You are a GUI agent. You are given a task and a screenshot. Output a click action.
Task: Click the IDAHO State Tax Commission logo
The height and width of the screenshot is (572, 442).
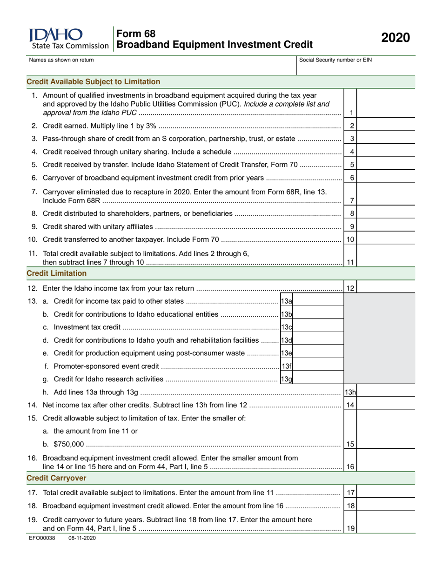click(68, 39)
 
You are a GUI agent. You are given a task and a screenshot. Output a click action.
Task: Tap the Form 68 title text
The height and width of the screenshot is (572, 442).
click(136, 33)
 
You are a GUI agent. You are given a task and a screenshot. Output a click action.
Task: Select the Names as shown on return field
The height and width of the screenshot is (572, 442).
click(161, 67)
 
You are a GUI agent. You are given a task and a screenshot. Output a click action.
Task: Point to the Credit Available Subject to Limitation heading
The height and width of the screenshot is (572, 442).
click(94, 82)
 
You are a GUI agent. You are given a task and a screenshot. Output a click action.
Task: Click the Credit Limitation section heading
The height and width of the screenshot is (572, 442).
click(57, 273)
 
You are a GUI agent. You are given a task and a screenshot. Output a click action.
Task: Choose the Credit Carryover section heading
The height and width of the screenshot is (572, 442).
click(56, 478)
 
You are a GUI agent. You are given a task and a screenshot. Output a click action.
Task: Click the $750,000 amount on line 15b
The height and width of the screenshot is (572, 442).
click(69, 444)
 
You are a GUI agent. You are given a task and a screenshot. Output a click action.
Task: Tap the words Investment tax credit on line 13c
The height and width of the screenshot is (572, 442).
click(87, 327)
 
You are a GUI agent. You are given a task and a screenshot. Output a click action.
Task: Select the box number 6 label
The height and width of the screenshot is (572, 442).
click(352, 178)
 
